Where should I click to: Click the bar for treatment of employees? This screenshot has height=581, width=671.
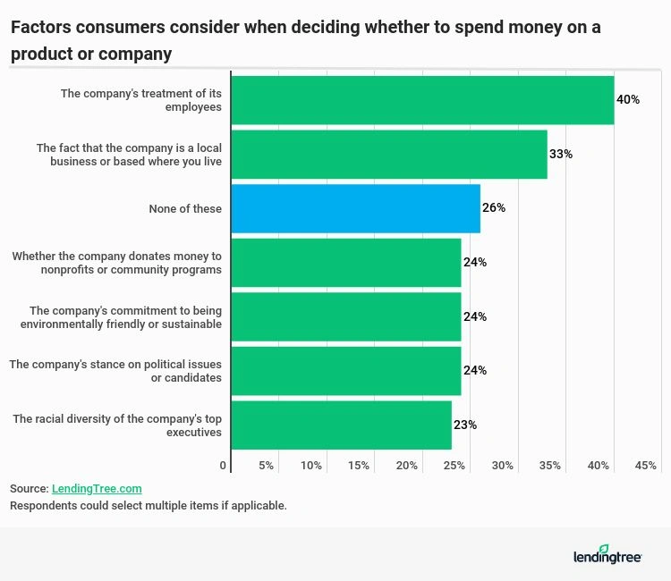pyautogui.click(x=422, y=99)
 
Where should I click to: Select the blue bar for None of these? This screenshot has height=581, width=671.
pyautogui.click(x=355, y=208)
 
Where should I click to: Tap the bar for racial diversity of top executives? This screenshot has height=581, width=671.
pyautogui.click(x=341, y=425)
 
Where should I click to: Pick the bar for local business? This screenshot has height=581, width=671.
pyautogui.click(x=388, y=154)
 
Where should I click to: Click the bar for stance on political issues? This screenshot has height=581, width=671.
pyautogui.click(x=345, y=371)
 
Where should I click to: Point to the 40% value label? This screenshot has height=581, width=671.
pyautogui.click(x=628, y=99)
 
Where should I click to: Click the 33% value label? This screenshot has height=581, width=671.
pyautogui.click(x=561, y=154)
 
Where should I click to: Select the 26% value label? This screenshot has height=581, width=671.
pyautogui.click(x=494, y=208)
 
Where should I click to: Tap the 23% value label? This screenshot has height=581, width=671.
pyautogui.click(x=465, y=425)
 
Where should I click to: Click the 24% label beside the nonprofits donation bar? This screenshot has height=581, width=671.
pyautogui.click(x=474, y=263)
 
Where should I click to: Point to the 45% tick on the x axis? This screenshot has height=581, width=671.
pyautogui.click(x=645, y=466)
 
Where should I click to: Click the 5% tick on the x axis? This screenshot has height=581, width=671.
pyautogui.click(x=266, y=466)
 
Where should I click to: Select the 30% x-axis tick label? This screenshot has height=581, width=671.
pyautogui.click(x=502, y=466)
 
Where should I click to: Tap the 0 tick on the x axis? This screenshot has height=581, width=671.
pyautogui.click(x=223, y=466)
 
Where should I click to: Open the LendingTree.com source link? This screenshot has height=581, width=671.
pyautogui.click(x=97, y=489)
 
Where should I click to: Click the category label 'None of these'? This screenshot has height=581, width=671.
pyautogui.click(x=185, y=208)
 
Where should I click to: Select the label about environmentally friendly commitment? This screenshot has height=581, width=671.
pyautogui.click(x=120, y=317)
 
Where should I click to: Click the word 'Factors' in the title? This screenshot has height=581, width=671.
pyautogui.click(x=38, y=27)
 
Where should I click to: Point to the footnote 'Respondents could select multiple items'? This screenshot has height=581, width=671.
pyautogui.click(x=148, y=506)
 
